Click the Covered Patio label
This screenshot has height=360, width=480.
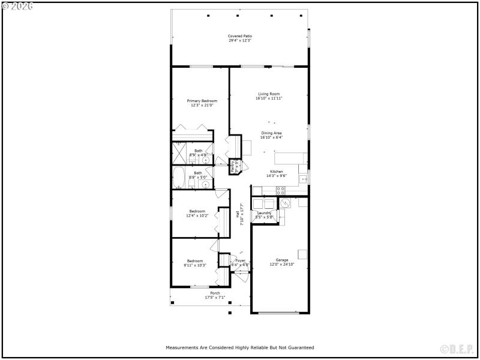[239, 36]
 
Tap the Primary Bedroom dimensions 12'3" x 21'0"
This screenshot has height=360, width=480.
[202, 105]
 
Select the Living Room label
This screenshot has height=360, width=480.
[269, 94]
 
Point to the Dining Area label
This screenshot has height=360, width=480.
[271, 133]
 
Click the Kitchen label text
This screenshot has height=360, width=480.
[276, 172]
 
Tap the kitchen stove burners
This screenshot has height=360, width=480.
[280, 190]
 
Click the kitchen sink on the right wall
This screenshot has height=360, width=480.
[305, 178]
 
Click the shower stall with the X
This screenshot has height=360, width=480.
[181, 153]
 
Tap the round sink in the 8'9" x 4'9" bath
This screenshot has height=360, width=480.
[206, 160]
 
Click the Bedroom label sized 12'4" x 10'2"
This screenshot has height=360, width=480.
[197, 211]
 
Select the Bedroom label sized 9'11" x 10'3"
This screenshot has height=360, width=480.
[195, 261]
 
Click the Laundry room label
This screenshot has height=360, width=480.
[265, 213]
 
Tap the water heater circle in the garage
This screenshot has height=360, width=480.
[286, 203]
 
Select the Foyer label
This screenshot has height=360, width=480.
[241, 261]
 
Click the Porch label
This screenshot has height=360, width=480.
[215, 293]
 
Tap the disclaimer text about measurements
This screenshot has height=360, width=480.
[239, 347]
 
